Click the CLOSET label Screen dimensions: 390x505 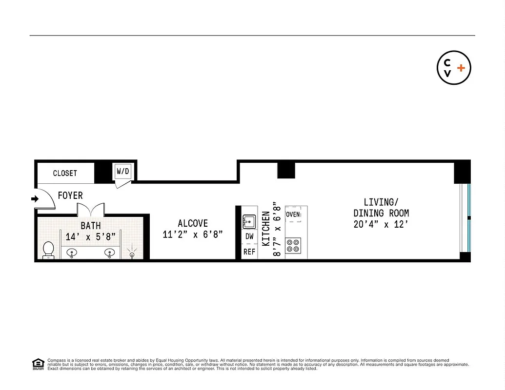(x=65, y=173)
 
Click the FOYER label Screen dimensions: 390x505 (x=70, y=195)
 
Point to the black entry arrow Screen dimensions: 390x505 (x=35, y=199)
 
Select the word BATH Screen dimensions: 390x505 (x=91, y=226)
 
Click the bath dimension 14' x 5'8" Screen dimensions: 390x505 (x=91, y=237)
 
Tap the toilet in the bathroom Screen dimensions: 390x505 (x=48, y=250)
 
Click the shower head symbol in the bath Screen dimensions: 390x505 (x=132, y=254)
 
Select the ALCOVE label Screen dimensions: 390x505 (x=193, y=223)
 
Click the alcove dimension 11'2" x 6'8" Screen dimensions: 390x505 (x=193, y=234)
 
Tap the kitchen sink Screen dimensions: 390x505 (x=249, y=222)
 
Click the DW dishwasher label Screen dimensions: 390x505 (x=249, y=236)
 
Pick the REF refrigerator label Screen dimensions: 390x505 (x=249, y=252)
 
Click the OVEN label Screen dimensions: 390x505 (x=293, y=214)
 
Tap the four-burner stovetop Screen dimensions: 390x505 (x=293, y=245)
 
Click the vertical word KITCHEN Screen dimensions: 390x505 (x=266, y=228)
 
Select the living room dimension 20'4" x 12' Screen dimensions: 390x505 (x=381, y=224)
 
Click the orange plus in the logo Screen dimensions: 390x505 (x=461, y=68)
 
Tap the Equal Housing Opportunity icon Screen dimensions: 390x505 (x=37, y=364)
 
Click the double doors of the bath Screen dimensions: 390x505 (x=90, y=210)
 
